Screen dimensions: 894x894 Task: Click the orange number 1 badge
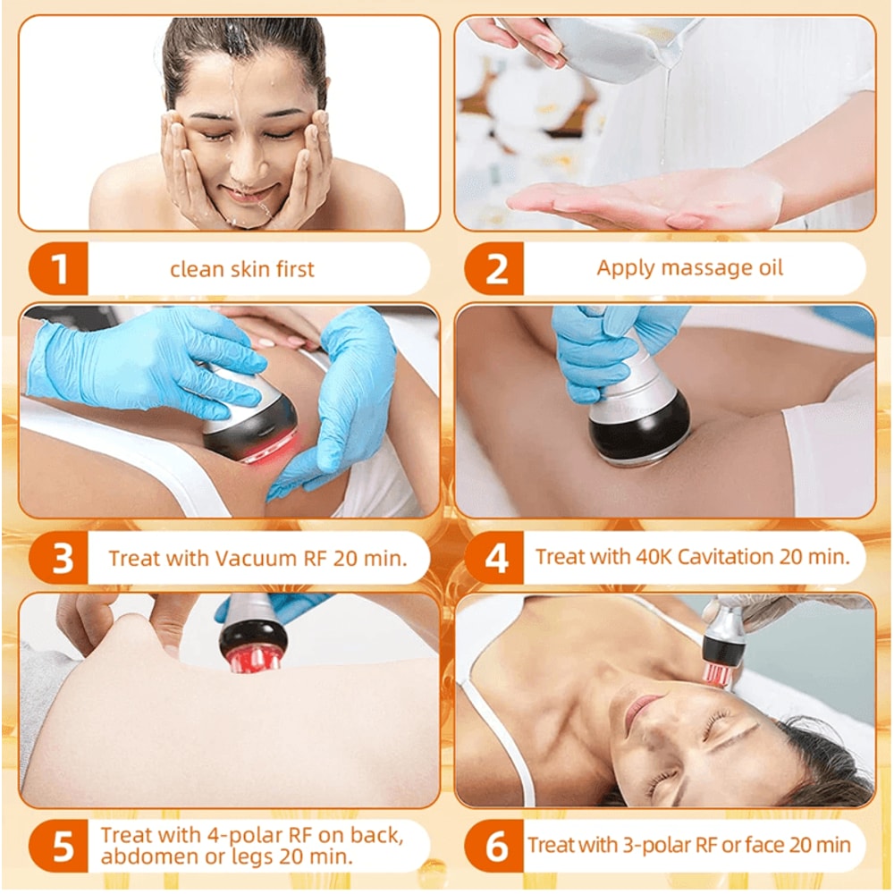(60, 269)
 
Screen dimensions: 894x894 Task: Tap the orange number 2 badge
(496, 269)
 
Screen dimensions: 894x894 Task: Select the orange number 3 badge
(60, 559)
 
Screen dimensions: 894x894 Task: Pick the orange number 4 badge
(496, 559)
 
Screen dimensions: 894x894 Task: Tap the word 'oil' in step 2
(766, 268)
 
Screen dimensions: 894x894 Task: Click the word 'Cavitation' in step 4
(723, 557)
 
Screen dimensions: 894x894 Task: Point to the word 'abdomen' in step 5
(148, 857)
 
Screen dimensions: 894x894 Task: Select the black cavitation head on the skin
(638, 429)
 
